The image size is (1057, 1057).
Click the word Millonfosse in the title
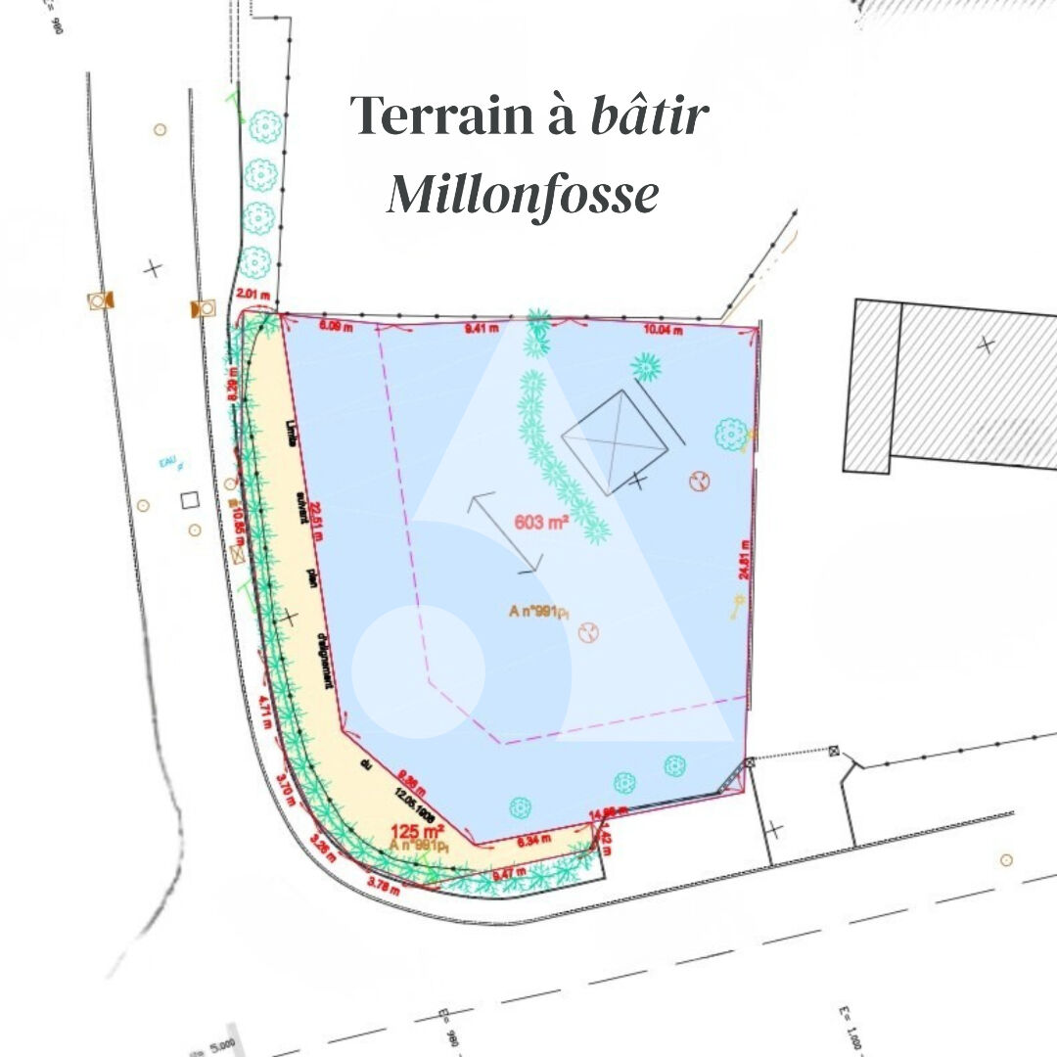coord(523,194)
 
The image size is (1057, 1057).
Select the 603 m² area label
coord(542,523)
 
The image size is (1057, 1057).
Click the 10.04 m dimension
coord(663,331)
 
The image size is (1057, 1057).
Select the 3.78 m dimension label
coord(383,886)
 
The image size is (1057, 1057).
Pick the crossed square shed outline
coord(615,441)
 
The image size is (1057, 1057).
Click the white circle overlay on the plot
coord(419,671)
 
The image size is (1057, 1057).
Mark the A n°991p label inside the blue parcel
coord(538,612)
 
